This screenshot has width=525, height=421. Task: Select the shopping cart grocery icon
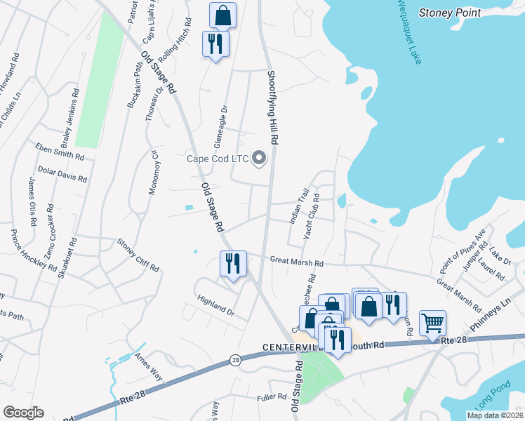pyautogui.click(x=432, y=323)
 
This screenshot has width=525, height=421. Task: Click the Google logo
pyautogui.click(x=23, y=413)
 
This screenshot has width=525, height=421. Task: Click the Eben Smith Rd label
pyautogui.click(x=60, y=149)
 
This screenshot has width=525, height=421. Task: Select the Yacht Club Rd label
pyautogui.click(x=312, y=216)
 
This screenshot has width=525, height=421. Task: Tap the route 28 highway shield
pyautogui.click(x=233, y=360)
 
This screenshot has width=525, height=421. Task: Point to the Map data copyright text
pyautogui.click(x=496, y=415)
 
